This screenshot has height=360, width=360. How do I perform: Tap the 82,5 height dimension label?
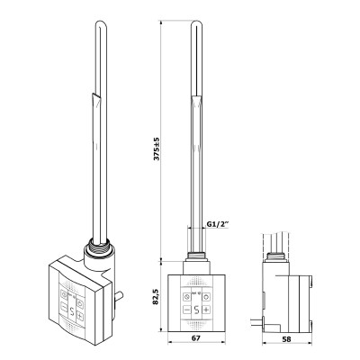coord(156,296)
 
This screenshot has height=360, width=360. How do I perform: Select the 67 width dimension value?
coord(196,338)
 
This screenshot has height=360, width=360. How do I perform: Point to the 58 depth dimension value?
coord(287,339)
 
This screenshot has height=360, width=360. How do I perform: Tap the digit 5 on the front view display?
coord(196,310)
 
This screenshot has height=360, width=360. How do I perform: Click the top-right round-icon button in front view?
coord(206,297)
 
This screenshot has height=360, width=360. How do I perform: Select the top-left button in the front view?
coord(186,297)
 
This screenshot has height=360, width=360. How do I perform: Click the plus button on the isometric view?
coord(79,316)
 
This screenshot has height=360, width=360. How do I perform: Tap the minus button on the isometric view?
coord(64,307)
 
